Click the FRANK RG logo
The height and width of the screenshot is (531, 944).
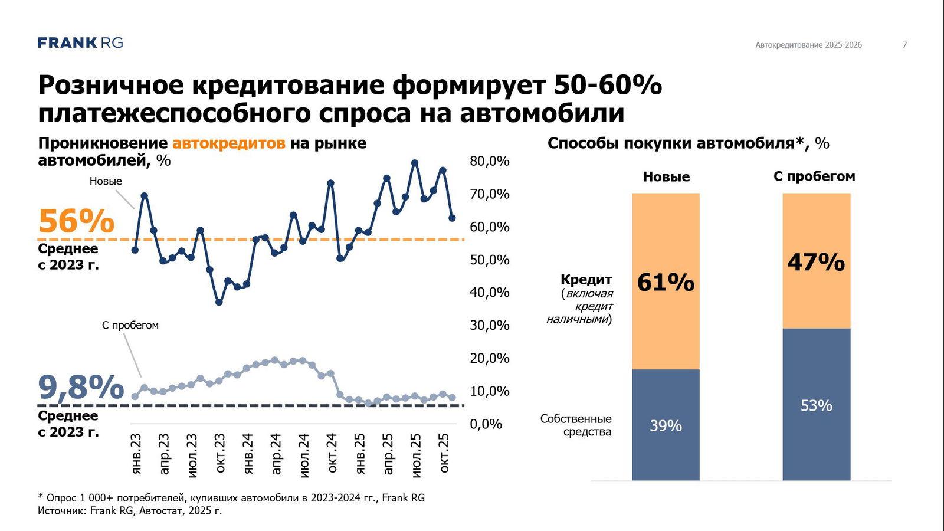point(80,42)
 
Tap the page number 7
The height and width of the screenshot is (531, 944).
point(904,45)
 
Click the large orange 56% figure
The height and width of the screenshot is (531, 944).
point(76,221)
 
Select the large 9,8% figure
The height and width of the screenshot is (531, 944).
point(81,387)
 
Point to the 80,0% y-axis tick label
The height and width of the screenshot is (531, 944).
point(489,161)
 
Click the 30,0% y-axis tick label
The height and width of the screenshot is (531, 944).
point(489,325)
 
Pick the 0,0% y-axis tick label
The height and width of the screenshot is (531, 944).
point(486,424)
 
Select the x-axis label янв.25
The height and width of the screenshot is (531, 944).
point(360,453)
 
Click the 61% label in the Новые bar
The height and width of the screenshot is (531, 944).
point(666,283)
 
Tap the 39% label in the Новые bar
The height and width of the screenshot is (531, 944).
point(666,425)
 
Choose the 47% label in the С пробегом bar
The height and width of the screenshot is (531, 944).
point(816,262)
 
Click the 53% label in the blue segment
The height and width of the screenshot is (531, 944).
point(816,405)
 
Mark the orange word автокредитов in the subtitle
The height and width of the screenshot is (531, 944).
point(228,143)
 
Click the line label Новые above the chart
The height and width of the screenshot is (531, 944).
point(106,181)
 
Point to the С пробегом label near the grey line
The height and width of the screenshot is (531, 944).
point(130,325)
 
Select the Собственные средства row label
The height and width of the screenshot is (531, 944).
point(576,425)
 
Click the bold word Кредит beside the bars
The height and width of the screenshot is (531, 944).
point(586,279)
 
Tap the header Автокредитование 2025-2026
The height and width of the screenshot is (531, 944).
point(808,45)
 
